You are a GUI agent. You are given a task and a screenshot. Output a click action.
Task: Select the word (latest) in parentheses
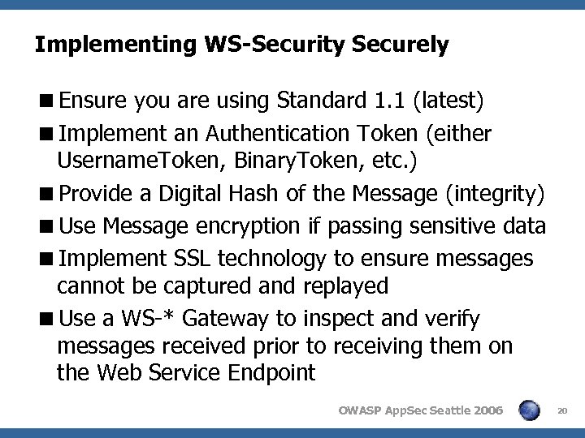pyautogui.click(x=448, y=101)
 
